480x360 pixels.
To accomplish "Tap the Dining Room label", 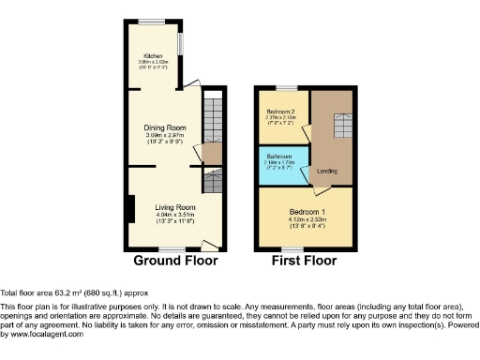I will [x=164, y=127].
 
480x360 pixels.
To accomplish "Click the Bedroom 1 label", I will [x=307, y=211].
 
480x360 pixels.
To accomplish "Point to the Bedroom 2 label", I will [x=281, y=112].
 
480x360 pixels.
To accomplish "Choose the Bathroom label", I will [x=279, y=156].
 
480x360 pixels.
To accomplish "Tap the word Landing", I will [x=327, y=171].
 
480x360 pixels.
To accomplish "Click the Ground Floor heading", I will [x=175, y=260].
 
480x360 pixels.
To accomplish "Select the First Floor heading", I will [x=306, y=260].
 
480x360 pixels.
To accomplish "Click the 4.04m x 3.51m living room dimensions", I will [x=174, y=214].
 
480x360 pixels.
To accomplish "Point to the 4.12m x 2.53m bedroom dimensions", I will [x=307, y=218].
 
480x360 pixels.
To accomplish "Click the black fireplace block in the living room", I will [x=130, y=207].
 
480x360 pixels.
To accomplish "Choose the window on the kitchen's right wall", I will [x=182, y=45].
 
